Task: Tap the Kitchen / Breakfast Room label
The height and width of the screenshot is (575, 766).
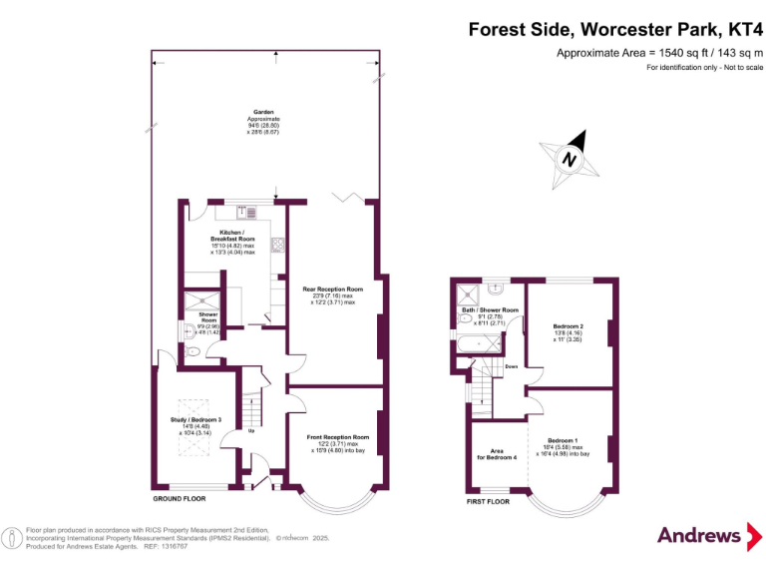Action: [x=231, y=237]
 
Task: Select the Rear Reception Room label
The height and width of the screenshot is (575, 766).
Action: [x=332, y=289]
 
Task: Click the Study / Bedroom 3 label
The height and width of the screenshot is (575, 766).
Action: [x=196, y=419]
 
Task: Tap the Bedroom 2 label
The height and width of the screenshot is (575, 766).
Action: [x=568, y=326]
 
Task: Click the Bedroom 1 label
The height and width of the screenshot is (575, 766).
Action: [x=563, y=440]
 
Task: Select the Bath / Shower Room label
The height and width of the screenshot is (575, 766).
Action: [x=483, y=310]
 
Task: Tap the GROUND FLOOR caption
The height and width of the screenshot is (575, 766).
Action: [x=179, y=498]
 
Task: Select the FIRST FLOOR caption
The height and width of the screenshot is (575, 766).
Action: [x=488, y=501]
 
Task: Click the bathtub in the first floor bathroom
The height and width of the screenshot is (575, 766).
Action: [x=480, y=344]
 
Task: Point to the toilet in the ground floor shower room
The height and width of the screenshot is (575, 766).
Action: [x=194, y=348]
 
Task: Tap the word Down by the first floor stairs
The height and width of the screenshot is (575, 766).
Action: [x=511, y=366]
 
